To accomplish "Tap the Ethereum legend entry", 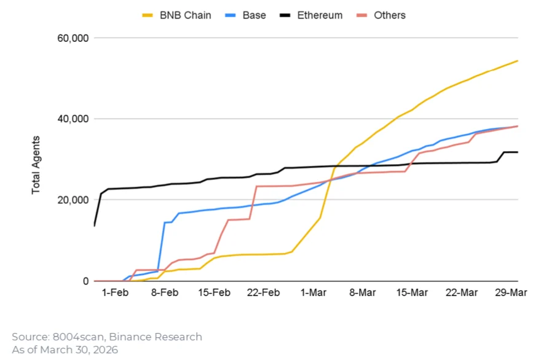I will [317, 15].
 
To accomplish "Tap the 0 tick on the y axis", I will [85, 281].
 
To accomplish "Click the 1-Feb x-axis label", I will [115, 293].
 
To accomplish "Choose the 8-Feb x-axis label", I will [165, 293].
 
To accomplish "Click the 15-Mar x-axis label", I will [413, 293].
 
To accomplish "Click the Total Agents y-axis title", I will [36, 165].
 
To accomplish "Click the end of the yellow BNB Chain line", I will [518, 61].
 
